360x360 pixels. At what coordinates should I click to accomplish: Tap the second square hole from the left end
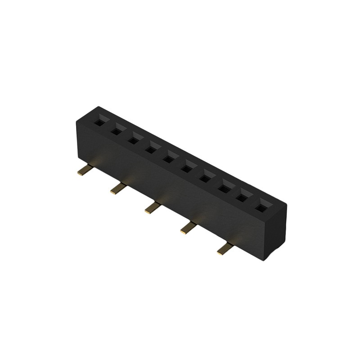click(116, 131)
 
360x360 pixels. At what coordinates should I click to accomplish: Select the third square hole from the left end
click(134, 140)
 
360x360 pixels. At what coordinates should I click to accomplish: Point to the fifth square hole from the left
click(169, 159)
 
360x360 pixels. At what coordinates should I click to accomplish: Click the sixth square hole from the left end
click(187, 168)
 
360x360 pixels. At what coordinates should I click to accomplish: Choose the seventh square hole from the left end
click(205, 178)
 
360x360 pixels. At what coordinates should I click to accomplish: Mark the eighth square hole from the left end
click(224, 188)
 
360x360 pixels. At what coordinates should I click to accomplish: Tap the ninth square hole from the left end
click(242, 198)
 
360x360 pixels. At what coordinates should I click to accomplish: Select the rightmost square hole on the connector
click(261, 208)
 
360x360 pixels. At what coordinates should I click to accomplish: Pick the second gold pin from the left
click(118, 189)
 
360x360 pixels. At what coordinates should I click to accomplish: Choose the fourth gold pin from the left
click(188, 228)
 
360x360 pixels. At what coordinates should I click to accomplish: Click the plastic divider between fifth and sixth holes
click(178, 163)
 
